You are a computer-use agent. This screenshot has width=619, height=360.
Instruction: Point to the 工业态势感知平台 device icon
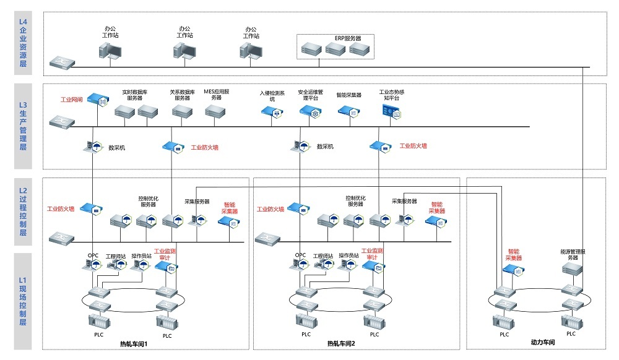[x=391, y=111]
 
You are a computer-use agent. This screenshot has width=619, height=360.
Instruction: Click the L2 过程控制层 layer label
[x=23, y=212]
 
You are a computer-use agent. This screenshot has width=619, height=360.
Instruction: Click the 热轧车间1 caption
[x=134, y=343]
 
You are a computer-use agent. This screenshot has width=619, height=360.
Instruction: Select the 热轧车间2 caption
[x=341, y=343]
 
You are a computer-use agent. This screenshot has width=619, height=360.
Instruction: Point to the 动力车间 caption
[x=543, y=342]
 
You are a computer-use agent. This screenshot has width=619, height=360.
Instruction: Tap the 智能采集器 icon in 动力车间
[x=513, y=269]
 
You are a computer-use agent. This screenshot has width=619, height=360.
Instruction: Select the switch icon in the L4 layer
[x=63, y=61]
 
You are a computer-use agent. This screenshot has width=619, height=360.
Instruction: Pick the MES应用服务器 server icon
[x=217, y=111]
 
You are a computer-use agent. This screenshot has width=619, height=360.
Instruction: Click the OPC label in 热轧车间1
[x=93, y=255]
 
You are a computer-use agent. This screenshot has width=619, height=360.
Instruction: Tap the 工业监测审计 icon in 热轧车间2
[x=373, y=267]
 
